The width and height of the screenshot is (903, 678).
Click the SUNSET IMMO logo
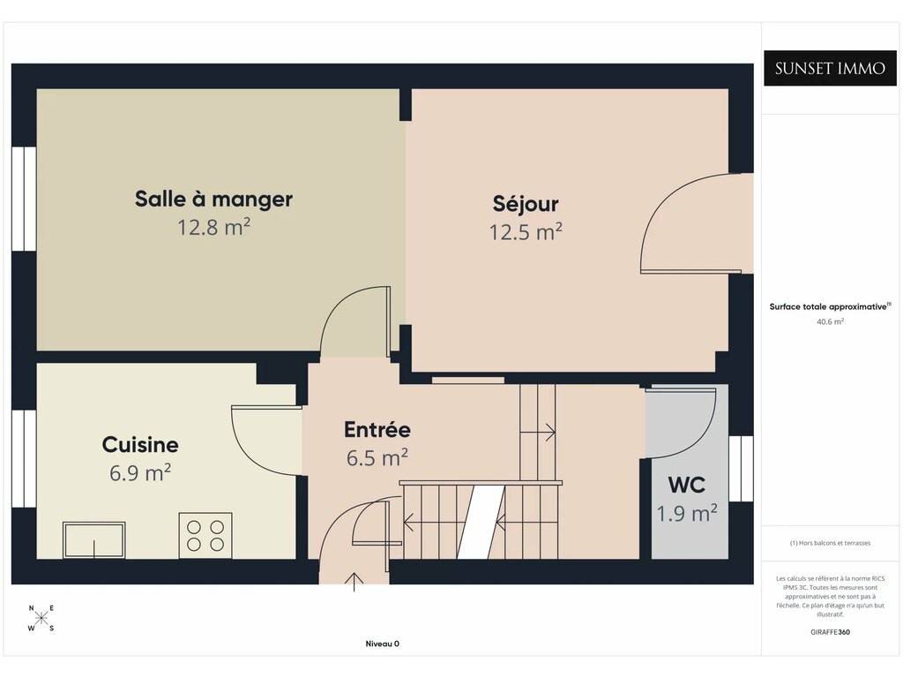tap(830, 68)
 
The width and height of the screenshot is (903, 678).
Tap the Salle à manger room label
tap(213, 199)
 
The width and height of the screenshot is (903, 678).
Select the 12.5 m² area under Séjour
tap(526, 232)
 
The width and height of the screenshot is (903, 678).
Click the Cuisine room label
tap(140, 445)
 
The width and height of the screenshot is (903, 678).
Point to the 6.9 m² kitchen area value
tap(140, 473)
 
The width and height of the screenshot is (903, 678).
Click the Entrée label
tap(377, 430)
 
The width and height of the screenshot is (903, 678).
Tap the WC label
tap(686, 485)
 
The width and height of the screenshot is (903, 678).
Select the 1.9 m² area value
tap(687, 513)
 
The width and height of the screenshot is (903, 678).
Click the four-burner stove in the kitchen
tap(205, 536)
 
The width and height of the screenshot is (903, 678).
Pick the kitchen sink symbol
tap(93, 540)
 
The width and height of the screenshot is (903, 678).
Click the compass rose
tap(41, 619)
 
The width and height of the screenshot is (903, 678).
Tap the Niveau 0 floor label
tap(383, 644)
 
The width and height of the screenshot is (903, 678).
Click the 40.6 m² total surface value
tap(830, 321)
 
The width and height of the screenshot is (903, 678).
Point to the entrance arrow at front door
tap(354, 583)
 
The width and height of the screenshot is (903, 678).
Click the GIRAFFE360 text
tap(830, 632)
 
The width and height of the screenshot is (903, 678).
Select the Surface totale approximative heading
tap(830, 306)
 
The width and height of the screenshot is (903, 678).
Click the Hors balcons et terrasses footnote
tap(830, 543)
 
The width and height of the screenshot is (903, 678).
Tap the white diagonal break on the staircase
tap(481, 522)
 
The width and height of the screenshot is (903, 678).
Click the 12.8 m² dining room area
tap(213, 227)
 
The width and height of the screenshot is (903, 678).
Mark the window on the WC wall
tap(741, 468)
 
